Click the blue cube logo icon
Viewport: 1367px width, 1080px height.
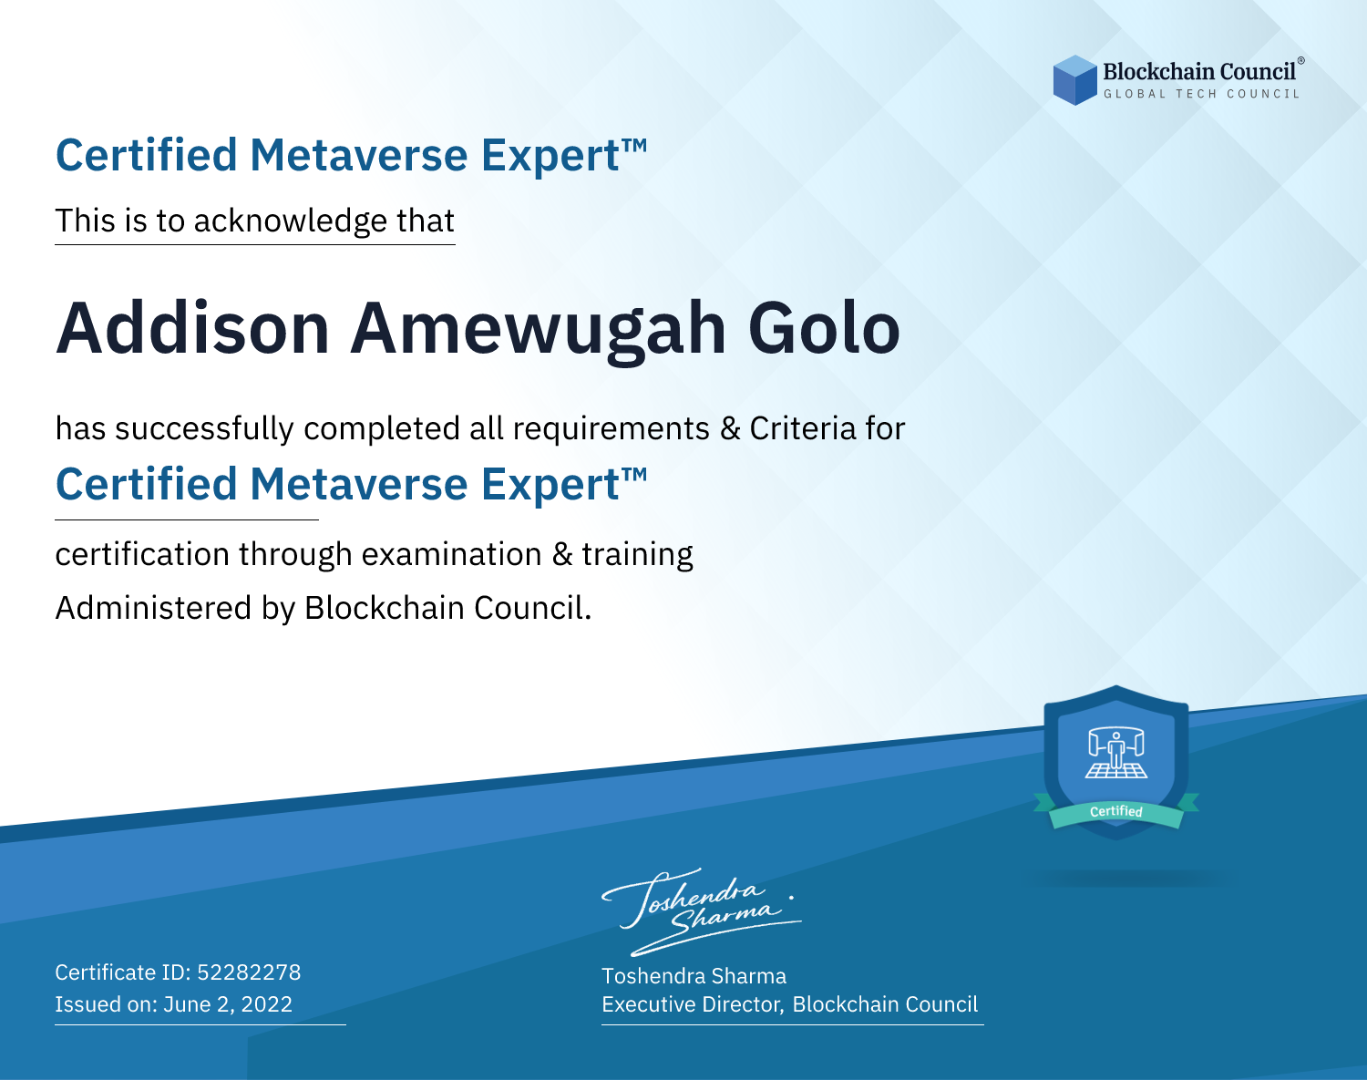pyautogui.click(x=1074, y=80)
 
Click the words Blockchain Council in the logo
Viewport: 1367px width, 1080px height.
pyautogui.click(x=1199, y=72)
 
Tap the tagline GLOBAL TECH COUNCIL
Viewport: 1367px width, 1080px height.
pyautogui.click(x=1202, y=94)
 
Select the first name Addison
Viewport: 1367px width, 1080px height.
pyautogui.click(x=192, y=329)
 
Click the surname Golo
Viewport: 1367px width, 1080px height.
pyautogui.click(x=825, y=329)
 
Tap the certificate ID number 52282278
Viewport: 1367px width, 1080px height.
pyautogui.click(x=249, y=972)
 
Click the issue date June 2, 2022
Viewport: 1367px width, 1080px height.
pyautogui.click(x=228, y=1003)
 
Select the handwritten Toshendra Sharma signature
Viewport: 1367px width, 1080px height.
pyautogui.click(x=702, y=911)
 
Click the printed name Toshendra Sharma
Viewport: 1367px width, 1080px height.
pyautogui.click(x=694, y=976)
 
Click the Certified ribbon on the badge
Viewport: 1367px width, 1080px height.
pyautogui.click(x=1116, y=812)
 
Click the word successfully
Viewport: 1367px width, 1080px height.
pyautogui.click(x=204, y=429)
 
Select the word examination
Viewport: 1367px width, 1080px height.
pyautogui.click(x=452, y=554)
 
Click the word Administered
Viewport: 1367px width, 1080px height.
pyautogui.click(x=154, y=607)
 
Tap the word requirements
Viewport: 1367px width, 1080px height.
pyautogui.click(x=612, y=429)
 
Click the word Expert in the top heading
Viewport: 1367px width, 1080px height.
pyautogui.click(x=550, y=156)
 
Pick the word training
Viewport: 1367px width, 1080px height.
pyautogui.click(x=638, y=555)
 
